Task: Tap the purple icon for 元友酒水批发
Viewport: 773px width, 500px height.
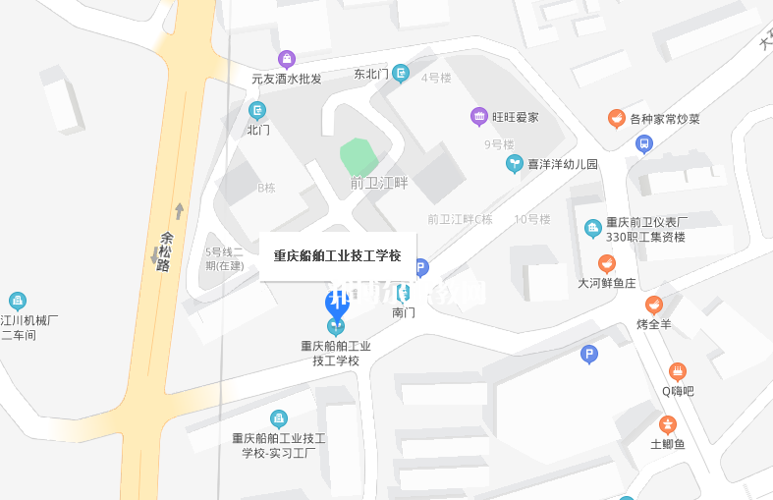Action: click(x=287, y=59)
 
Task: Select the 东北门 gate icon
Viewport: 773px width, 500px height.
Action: click(x=401, y=73)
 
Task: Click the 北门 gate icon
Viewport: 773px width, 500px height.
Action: click(x=257, y=110)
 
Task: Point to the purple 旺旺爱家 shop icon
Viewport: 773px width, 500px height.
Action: click(x=479, y=117)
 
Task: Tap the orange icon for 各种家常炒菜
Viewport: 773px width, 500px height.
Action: click(x=617, y=119)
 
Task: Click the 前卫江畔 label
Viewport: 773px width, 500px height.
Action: click(x=379, y=183)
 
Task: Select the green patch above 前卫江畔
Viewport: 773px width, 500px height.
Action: click(x=359, y=155)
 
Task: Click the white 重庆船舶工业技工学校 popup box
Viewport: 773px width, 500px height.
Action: click(x=337, y=255)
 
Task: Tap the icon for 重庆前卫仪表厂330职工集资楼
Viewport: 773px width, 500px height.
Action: click(x=592, y=229)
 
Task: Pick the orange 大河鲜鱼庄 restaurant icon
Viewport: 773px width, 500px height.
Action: click(x=607, y=263)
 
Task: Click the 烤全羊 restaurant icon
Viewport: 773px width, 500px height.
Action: click(x=654, y=305)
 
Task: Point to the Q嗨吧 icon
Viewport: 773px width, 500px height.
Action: click(x=678, y=371)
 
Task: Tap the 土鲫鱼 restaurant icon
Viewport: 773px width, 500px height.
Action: click(x=668, y=424)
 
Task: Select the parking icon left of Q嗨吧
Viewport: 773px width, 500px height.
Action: click(x=589, y=355)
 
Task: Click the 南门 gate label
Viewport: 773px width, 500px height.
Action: click(x=404, y=312)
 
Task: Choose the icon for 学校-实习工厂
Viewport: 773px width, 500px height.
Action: click(x=279, y=418)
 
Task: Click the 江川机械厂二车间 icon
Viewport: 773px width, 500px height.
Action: click(x=18, y=301)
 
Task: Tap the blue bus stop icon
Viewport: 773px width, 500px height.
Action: click(x=643, y=144)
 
